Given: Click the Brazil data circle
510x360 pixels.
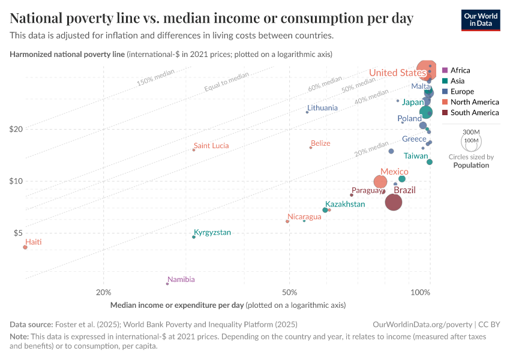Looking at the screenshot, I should [x=393, y=202].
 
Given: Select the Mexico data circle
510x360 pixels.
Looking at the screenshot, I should [x=380, y=182].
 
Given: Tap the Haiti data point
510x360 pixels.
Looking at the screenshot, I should [x=25, y=247].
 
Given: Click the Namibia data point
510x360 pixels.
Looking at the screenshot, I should [x=167, y=283].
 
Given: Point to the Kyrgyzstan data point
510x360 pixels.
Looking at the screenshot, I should [x=193, y=237].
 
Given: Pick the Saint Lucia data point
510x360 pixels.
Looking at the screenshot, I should [x=193, y=150].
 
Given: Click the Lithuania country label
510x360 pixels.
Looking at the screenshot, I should [x=322, y=108].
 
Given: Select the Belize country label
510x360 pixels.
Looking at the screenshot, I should [x=320, y=143].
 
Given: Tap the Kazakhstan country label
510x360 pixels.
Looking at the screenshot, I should [x=345, y=205].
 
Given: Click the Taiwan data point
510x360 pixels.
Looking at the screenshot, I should [x=430, y=162].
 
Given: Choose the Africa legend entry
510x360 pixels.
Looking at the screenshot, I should [x=460, y=70].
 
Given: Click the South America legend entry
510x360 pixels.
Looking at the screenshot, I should [x=474, y=113].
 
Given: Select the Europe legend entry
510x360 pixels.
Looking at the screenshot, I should [x=462, y=92].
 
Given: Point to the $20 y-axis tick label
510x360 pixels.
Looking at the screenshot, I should [x=16, y=129].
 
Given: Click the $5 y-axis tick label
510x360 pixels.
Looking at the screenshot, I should [x=18, y=233].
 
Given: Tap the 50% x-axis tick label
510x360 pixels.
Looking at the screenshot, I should [x=290, y=292].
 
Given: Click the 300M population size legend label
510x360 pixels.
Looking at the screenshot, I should [x=472, y=132].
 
